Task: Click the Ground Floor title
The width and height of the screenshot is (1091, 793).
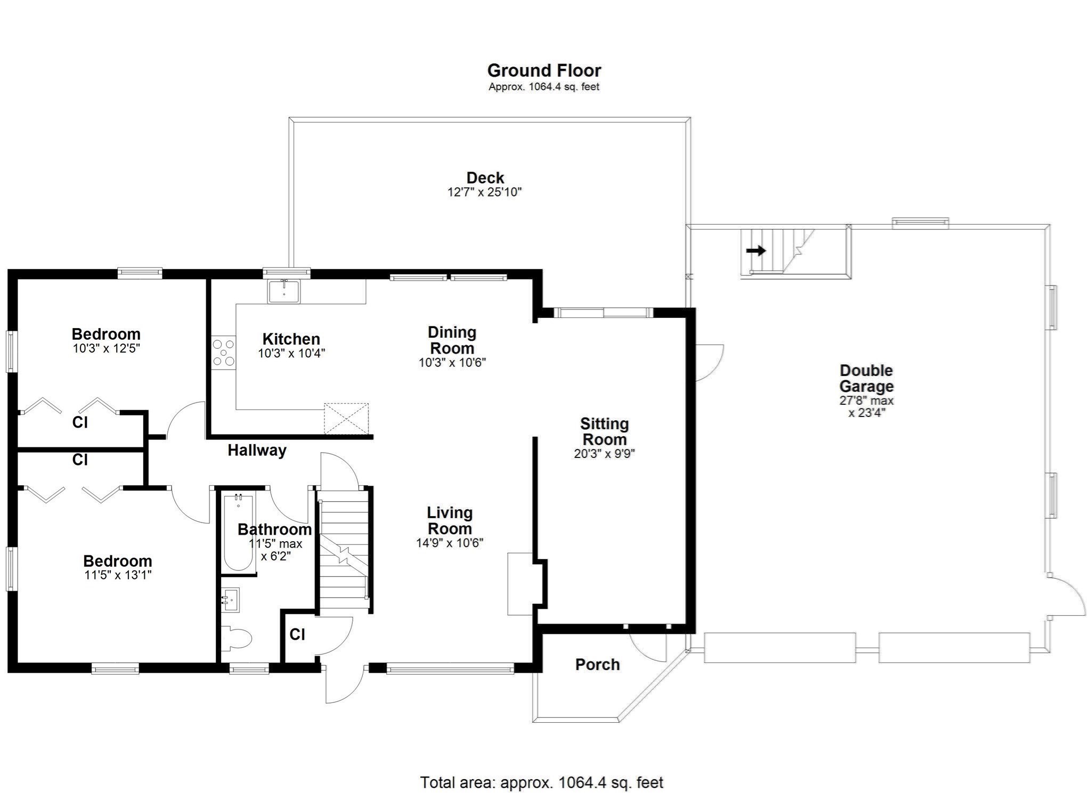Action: pos(544,70)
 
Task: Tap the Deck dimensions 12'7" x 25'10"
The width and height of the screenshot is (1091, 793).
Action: pos(484,192)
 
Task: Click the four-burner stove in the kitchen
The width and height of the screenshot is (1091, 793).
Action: pos(224,353)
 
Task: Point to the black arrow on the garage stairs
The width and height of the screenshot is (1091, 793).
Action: pos(756,250)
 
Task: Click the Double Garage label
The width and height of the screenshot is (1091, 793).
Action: pos(866,378)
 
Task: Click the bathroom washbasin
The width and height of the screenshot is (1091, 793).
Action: pos(231,600)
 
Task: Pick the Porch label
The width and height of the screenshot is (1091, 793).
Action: pos(597,664)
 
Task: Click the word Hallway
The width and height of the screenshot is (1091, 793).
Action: pos(257,451)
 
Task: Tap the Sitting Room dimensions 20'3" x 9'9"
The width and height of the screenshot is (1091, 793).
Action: pos(604,454)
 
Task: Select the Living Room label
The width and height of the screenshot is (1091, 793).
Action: pos(450,520)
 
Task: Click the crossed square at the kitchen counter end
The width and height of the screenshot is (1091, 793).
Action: pos(346,419)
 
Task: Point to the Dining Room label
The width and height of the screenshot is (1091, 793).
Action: pos(452,340)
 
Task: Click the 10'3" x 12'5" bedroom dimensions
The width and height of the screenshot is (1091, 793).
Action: pos(106,349)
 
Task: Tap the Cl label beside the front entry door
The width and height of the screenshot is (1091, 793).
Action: pos(297,634)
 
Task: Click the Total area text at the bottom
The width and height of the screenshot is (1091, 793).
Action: pos(541,782)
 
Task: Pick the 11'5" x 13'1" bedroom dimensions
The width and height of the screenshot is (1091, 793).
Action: pos(117,575)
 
